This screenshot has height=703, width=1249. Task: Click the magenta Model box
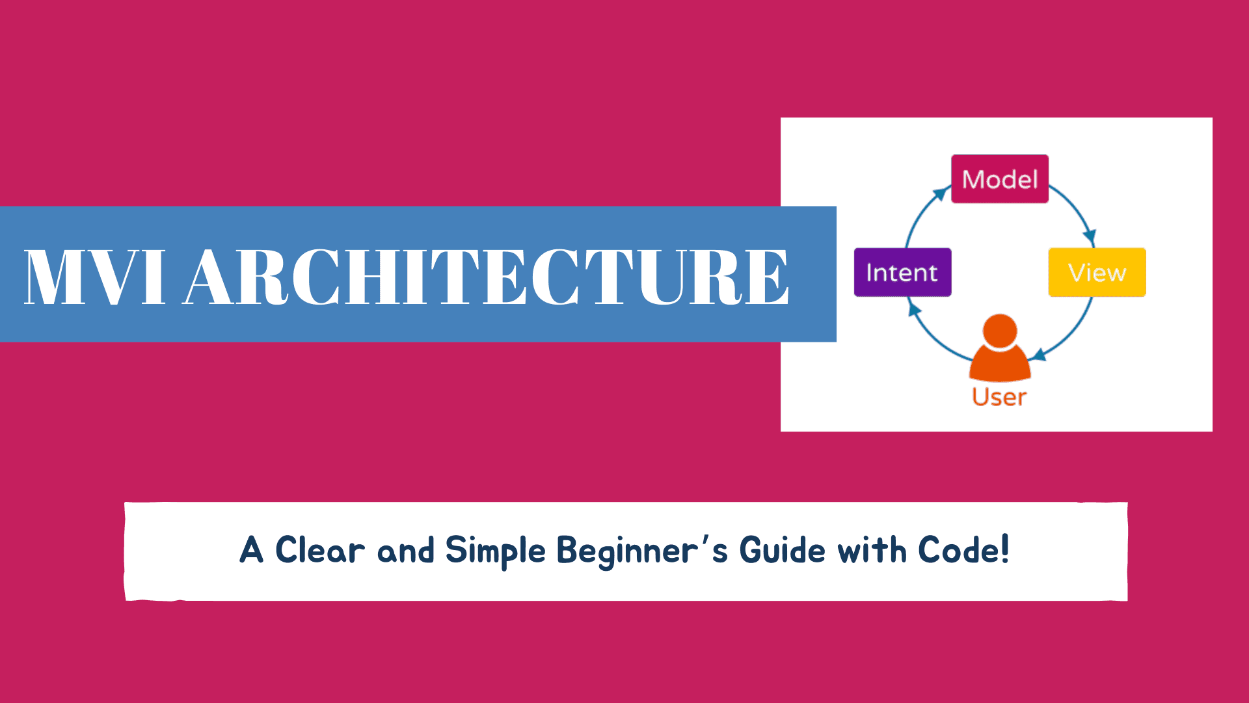tap(1000, 179)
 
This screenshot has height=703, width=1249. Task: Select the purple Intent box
tap(902, 272)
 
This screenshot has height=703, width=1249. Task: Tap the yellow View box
tap(1097, 272)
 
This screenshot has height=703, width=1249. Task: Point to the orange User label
tap(999, 397)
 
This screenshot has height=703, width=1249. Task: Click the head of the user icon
tap(1000, 331)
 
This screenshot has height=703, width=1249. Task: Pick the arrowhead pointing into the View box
tap(1090, 238)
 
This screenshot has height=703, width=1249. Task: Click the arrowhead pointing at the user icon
tap(1038, 355)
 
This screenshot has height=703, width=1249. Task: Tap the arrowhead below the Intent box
tap(915, 309)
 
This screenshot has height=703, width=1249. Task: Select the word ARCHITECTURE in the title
tap(487, 277)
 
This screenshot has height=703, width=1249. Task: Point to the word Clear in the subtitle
tap(319, 550)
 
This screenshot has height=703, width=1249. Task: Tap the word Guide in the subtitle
tap(783, 550)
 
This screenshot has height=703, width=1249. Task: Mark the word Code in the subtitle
tap(958, 550)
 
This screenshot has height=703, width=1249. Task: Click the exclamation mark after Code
tap(1005, 549)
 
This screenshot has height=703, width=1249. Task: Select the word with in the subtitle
tap(872, 550)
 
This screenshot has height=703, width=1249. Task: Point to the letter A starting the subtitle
tap(252, 550)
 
